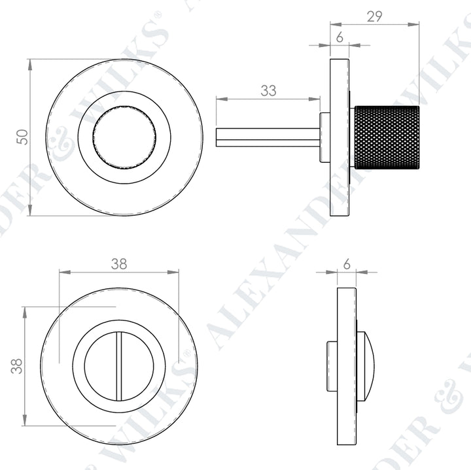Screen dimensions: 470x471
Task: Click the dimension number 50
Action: [22, 137]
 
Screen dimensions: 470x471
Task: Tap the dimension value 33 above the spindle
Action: [268, 91]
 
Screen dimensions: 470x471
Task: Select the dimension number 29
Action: [374, 17]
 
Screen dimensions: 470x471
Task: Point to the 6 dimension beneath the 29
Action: [340, 38]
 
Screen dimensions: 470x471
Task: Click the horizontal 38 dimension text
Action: [118, 263]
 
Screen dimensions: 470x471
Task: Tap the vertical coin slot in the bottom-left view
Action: [119, 366]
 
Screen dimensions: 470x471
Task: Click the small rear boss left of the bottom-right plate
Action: [332, 366]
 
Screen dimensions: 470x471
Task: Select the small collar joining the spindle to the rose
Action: [324, 137]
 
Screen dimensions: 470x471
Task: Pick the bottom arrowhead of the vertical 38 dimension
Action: [24, 422]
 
